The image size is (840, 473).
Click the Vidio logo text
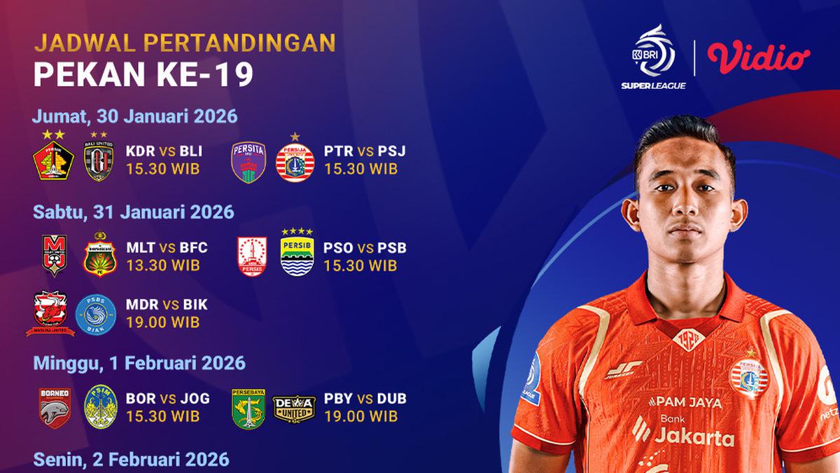[x=758, y=58]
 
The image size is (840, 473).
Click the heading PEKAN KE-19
[x=143, y=75]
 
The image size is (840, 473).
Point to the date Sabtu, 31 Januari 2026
[x=134, y=211]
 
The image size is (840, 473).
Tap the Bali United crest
[x=99, y=160]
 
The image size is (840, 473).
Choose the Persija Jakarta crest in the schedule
[x=295, y=162]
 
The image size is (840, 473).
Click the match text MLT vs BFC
[x=167, y=249]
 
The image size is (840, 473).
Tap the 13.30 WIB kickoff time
[x=163, y=266]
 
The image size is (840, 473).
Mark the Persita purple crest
[x=249, y=162]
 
